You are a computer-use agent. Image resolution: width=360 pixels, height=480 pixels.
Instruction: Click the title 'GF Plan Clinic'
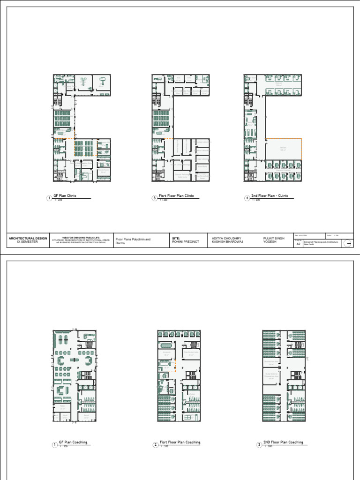pos(65,195)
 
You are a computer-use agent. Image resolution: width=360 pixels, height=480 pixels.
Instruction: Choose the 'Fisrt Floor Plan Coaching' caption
pos(180,442)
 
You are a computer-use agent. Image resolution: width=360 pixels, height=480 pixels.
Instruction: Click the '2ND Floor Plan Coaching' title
pos(283,442)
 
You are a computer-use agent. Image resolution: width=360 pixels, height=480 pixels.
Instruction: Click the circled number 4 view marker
pos(247,198)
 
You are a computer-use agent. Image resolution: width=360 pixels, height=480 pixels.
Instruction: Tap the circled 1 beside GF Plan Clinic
pos(49,198)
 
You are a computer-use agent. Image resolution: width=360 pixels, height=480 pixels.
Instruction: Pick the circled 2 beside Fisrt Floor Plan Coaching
pos(155,445)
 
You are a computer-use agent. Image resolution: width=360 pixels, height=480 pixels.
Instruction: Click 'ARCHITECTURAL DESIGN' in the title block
pos(28,238)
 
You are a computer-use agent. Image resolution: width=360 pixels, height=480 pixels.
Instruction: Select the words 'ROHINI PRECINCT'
pos(185,242)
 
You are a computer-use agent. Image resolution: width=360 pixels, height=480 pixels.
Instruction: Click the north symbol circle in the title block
pos(348,243)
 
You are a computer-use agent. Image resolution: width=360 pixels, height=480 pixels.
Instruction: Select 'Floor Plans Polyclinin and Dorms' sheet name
pos(133,241)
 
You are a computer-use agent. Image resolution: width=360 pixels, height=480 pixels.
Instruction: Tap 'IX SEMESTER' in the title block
pos(28,242)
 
